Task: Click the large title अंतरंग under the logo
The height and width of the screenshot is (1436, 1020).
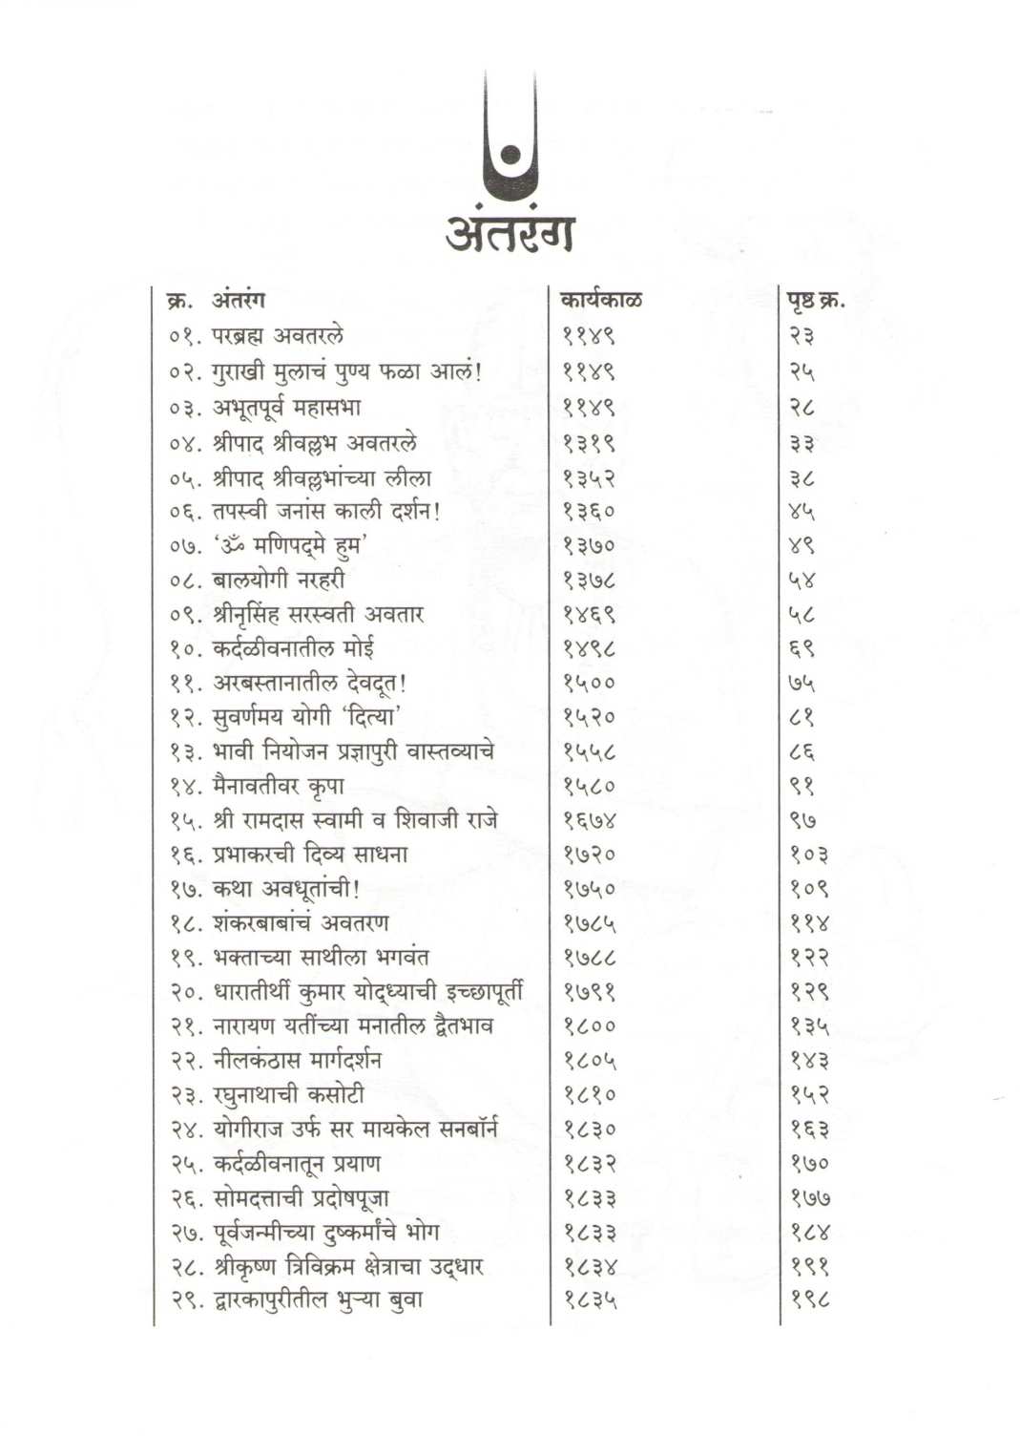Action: pyautogui.click(x=510, y=229)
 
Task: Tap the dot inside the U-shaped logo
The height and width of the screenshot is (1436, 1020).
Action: pyautogui.click(x=510, y=156)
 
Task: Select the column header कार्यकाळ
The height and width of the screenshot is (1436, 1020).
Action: pyautogui.click(x=601, y=300)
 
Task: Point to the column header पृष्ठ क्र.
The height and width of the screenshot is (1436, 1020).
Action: pyautogui.click(x=815, y=300)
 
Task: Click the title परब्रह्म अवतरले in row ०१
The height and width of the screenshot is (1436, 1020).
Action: pyautogui.click(x=278, y=336)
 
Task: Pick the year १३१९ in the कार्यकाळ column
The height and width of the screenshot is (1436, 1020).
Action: pyautogui.click(x=589, y=443)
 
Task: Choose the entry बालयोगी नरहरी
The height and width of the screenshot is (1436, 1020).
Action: pyautogui.click(x=279, y=580)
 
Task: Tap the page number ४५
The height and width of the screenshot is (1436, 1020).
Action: pyautogui.click(x=801, y=512)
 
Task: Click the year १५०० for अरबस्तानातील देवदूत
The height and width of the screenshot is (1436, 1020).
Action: pyautogui.click(x=589, y=683)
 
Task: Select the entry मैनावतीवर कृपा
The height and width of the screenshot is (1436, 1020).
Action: pyautogui.click(x=279, y=786)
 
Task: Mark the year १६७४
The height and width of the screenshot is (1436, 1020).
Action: pyautogui.click(x=589, y=820)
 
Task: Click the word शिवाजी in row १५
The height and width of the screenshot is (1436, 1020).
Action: pyautogui.click(x=428, y=820)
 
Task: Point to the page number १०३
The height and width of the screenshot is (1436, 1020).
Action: pyautogui.click(x=808, y=855)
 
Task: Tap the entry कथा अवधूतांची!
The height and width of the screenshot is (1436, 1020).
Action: pyautogui.click(x=285, y=889)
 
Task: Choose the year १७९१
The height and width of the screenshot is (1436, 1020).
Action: pyautogui.click(x=589, y=992)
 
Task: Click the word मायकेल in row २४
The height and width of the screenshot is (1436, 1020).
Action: pyautogui.click(x=396, y=1130)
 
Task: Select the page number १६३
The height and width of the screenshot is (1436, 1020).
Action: pyautogui.click(x=808, y=1130)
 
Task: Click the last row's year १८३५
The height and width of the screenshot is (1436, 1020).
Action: pyautogui.click(x=589, y=1300)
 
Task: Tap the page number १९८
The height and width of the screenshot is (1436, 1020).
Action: pyautogui.click(x=808, y=1300)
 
